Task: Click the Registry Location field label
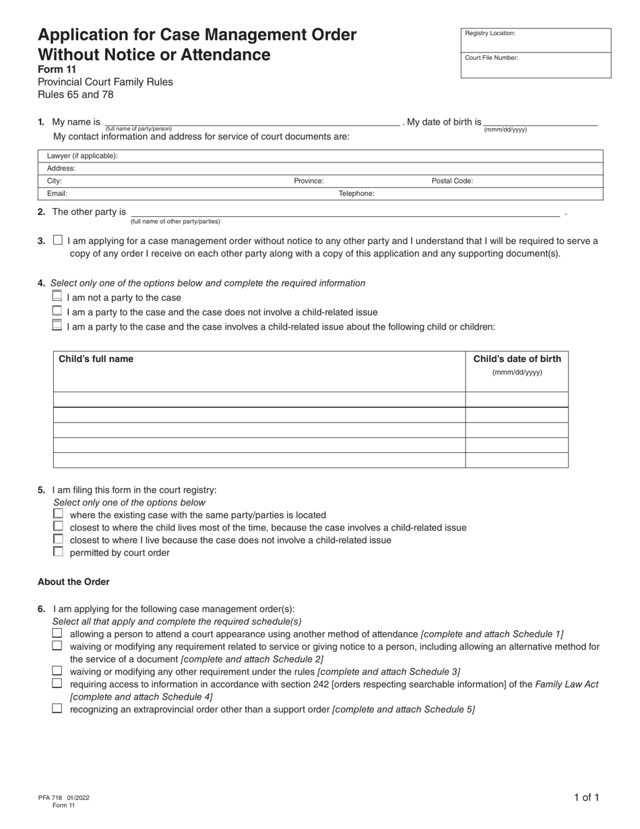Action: tap(490, 33)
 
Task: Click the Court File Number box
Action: tap(536, 65)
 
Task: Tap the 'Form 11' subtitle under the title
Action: tap(57, 69)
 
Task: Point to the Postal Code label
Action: tap(452, 181)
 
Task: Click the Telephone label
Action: tap(356, 193)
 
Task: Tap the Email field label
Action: tap(57, 193)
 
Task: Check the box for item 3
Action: tap(57, 240)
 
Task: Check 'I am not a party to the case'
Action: tap(57, 297)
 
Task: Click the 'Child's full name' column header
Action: tap(96, 359)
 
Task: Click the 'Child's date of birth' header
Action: tap(517, 359)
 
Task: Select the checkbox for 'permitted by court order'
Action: tap(58, 552)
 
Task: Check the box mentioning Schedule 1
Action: tap(57, 634)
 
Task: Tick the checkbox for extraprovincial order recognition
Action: tap(57, 709)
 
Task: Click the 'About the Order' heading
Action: tap(73, 582)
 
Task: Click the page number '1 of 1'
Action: tap(586, 797)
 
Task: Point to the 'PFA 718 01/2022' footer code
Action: tap(64, 797)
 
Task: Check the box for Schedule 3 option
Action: tap(57, 671)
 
